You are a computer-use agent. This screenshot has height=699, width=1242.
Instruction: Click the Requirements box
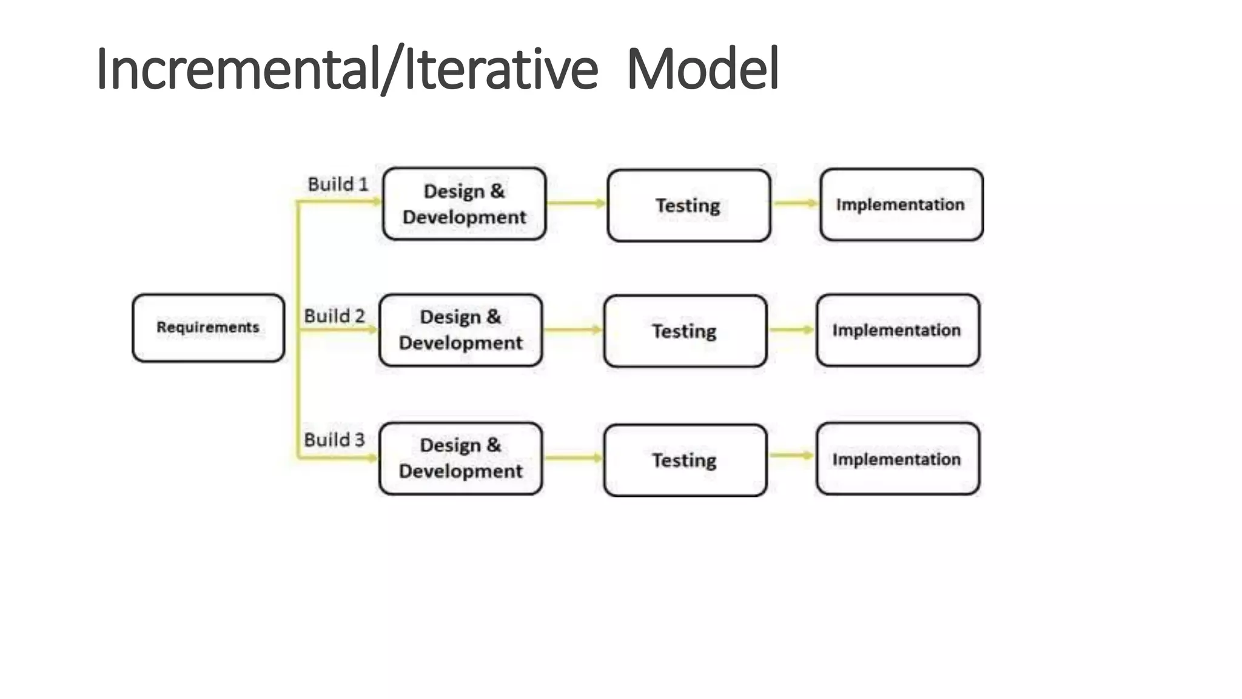(x=208, y=328)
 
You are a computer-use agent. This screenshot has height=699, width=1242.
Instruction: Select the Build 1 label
(x=338, y=184)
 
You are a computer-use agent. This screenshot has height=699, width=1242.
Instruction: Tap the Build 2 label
(x=334, y=316)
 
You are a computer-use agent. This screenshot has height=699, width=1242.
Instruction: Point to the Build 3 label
(x=334, y=439)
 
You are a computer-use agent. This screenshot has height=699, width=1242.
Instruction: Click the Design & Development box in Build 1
(x=464, y=204)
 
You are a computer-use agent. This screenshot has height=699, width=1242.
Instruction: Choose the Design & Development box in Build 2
(x=460, y=330)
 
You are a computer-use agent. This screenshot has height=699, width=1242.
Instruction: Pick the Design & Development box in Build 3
(x=460, y=458)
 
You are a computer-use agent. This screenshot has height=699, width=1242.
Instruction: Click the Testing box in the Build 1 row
(x=688, y=206)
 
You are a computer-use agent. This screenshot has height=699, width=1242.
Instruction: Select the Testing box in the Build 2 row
(x=685, y=331)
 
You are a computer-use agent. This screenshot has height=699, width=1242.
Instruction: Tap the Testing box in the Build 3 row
(x=685, y=460)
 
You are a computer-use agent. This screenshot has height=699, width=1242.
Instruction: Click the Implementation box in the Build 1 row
(x=901, y=204)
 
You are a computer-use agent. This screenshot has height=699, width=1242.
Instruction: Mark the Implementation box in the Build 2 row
(x=897, y=330)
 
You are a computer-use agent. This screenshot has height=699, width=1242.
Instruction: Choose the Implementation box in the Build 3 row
(x=897, y=459)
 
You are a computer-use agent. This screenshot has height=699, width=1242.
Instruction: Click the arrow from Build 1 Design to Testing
(x=576, y=203)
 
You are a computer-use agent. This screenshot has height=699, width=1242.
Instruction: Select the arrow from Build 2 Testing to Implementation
(x=791, y=330)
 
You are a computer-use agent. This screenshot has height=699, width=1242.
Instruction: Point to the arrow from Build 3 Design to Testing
(x=572, y=458)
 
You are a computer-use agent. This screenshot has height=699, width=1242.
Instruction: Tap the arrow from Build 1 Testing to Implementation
(x=795, y=203)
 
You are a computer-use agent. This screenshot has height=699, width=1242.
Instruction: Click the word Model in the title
(x=702, y=69)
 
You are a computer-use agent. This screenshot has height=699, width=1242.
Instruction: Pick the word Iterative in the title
(x=500, y=69)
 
